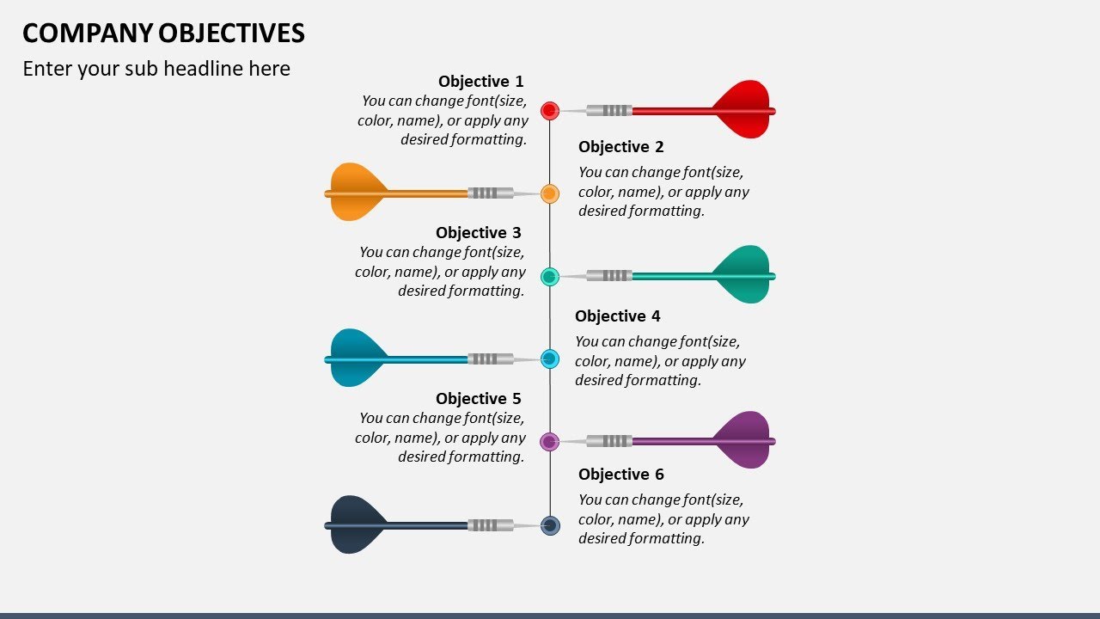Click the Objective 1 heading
coord(480,82)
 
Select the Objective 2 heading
coord(620,147)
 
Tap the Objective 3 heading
coord(478,233)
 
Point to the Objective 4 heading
coord(617,316)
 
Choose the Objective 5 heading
coord(478,399)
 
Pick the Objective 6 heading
coord(620,475)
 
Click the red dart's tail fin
coord(743,109)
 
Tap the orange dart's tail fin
coord(356,192)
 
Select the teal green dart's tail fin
coord(743,275)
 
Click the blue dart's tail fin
coord(356,358)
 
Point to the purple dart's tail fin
coord(743,440)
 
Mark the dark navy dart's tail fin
coord(356,524)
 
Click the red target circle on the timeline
coord(550,110)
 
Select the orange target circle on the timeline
coord(550,193)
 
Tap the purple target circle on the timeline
coord(550,441)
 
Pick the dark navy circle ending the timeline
coord(550,525)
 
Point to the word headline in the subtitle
coord(203,69)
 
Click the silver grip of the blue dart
coord(484,359)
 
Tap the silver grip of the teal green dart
coord(616,276)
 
